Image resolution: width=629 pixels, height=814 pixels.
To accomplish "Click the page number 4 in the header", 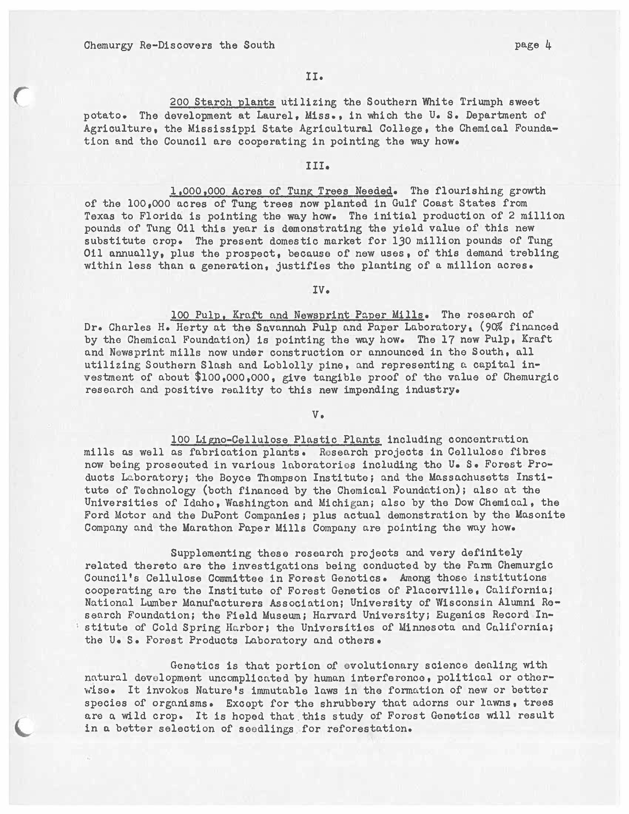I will click(548, 45).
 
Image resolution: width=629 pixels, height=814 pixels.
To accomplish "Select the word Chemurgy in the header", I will click(108, 46).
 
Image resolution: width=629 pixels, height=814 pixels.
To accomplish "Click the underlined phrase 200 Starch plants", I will click(222, 102).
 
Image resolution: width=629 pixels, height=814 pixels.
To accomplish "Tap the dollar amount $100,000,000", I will click(232, 377).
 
